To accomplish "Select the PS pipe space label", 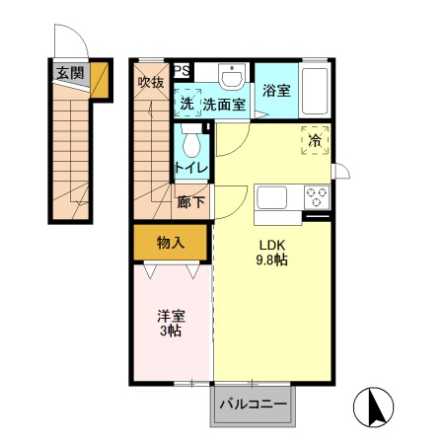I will click(x=183, y=70).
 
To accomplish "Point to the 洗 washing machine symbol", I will click(x=186, y=103).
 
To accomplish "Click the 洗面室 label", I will click(x=223, y=103).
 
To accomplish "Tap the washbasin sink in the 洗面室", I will click(x=234, y=78).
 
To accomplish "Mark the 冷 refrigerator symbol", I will click(x=316, y=142).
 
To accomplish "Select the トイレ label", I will click(x=190, y=169).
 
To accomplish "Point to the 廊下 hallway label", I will click(x=191, y=203).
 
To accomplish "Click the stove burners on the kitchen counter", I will click(x=317, y=196).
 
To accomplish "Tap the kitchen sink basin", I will click(x=273, y=197).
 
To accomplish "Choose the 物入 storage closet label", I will click(x=170, y=242).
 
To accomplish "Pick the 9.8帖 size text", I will click(x=271, y=260).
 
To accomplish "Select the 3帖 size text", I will click(x=171, y=333).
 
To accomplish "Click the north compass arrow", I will click(x=375, y=405).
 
